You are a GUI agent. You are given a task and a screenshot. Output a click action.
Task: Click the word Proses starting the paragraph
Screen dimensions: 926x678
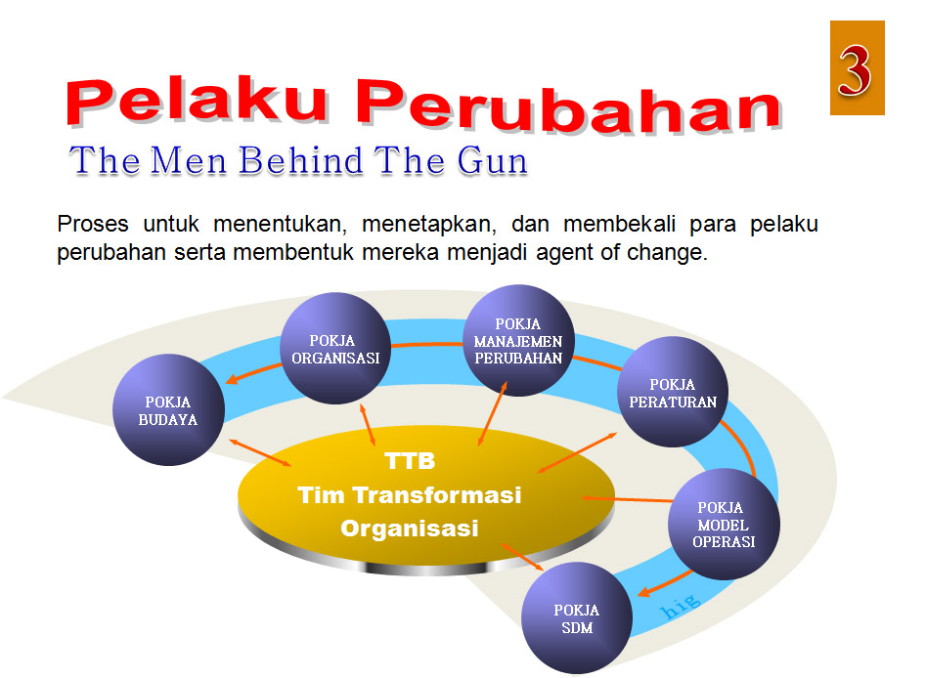93,224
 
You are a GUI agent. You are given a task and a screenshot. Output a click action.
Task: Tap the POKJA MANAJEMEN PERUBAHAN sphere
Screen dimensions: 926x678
518,340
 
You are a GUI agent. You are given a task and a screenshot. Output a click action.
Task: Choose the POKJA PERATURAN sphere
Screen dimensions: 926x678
674,393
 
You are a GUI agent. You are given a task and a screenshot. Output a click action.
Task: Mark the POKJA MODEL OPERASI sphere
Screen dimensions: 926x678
724,525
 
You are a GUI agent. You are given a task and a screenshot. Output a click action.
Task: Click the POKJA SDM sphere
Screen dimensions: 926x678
576,618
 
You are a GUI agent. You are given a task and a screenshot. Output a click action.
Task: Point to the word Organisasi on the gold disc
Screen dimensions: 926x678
409,529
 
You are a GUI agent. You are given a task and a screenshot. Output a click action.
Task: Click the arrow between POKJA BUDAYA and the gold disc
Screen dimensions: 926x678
261,452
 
